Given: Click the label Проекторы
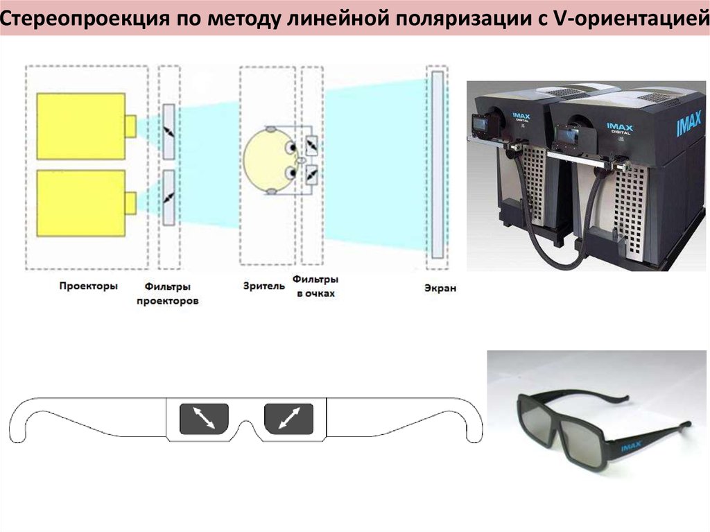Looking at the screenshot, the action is tap(88, 286).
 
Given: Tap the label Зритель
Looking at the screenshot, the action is tap(264, 286).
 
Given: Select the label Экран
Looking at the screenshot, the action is tap(440, 288).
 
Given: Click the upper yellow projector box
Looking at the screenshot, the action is tap(81, 126).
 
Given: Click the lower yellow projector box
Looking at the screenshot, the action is tap(81, 203).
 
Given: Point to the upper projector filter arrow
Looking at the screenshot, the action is tap(169, 132).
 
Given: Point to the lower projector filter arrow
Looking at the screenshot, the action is tap(169, 198).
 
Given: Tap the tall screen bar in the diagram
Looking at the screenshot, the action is tap(437, 164).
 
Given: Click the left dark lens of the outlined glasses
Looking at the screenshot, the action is tap(204, 418).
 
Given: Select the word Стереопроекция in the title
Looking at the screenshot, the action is tap(85, 19).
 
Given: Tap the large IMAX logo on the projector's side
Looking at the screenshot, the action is tap(689, 123).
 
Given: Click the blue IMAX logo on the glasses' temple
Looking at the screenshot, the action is tap(631, 447).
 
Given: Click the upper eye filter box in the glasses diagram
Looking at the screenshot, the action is tap(311, 146).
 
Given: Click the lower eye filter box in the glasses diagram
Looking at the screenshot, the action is tap(311, 175).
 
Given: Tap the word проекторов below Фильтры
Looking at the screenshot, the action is tap(168, 301).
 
